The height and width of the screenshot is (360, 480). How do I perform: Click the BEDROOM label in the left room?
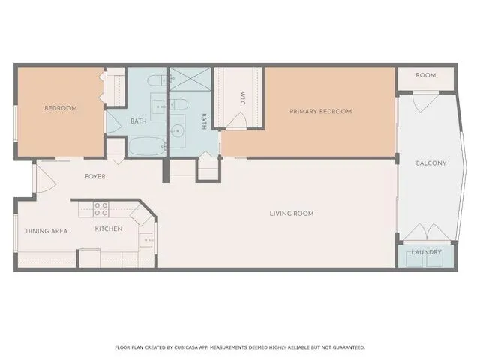pyautogui.click(x=61, y=108)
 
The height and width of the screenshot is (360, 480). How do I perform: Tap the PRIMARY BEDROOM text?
pyautogui.click(x=321, y=111)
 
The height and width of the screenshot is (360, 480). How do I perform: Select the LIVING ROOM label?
pyautogui.click(x=292, y=214)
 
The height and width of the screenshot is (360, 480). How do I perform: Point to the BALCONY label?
pyautogui.click(x=431, y=163)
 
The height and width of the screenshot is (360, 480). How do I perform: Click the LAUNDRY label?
pyautogui.click(x=426, y=252)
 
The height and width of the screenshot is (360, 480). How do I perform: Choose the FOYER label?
pyautogui.click(x=94, y=177)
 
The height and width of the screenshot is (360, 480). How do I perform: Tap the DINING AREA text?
pyautogui.click(x=46, y=231)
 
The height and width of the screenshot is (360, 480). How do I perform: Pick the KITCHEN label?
pyautogui.click(x=108, y=229)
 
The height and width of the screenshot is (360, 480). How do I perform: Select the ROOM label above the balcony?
pyautogui.click(x=426, y=75)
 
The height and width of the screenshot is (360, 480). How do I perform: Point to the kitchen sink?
pyautogui.click(x=147, y=241)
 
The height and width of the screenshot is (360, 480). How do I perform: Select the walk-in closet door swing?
pyautogui.click(x=238, y=121)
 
